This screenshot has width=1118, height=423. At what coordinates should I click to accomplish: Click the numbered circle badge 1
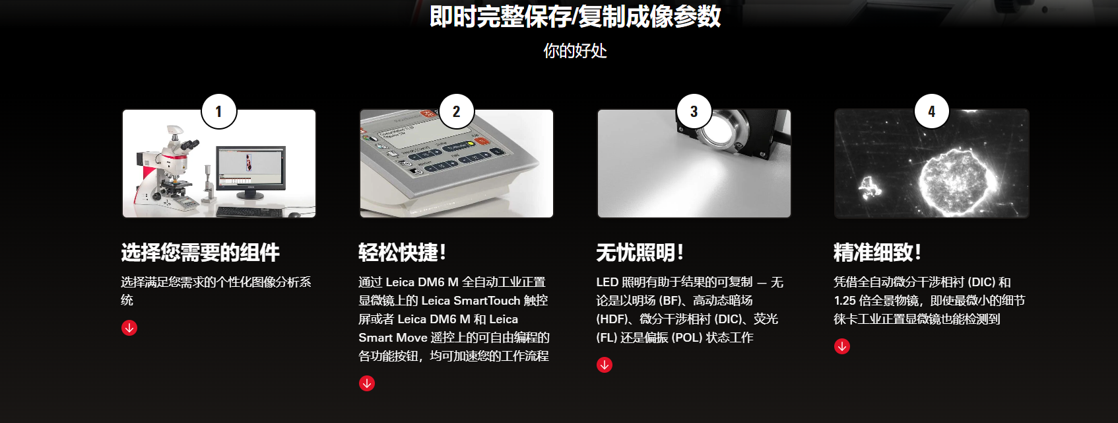(x=218, y=112)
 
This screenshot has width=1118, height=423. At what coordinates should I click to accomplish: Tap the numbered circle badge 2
(x=456, y=112)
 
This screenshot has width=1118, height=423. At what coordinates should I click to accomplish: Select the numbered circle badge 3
(x=694, y=112)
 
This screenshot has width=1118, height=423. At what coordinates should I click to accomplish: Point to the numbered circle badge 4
(x=931, y=112)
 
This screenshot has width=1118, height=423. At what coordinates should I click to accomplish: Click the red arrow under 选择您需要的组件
(x=129, y=328)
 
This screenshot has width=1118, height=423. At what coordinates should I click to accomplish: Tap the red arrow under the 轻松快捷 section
(x=367, y=383)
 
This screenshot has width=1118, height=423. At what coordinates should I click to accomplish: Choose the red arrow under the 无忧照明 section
(x=605, y=365)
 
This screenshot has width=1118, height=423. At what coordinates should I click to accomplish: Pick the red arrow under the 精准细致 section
(x=842, y=346)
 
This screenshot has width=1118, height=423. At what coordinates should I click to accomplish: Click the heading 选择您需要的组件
(x=200, y=252)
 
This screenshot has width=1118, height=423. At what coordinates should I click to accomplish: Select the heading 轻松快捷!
(x=403, y=252)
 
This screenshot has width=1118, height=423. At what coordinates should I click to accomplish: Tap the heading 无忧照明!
(x=640, y=252)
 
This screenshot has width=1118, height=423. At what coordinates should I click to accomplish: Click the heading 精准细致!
(x=877, y=252)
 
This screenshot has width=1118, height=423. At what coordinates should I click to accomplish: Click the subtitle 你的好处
(x=575, y=51)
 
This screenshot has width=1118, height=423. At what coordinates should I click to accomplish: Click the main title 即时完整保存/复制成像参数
(x=575, y=17)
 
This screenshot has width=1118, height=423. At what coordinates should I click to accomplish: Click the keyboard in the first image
(x=249, y=212)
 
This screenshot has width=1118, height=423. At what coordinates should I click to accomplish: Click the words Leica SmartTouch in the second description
(x=471, y=301)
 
